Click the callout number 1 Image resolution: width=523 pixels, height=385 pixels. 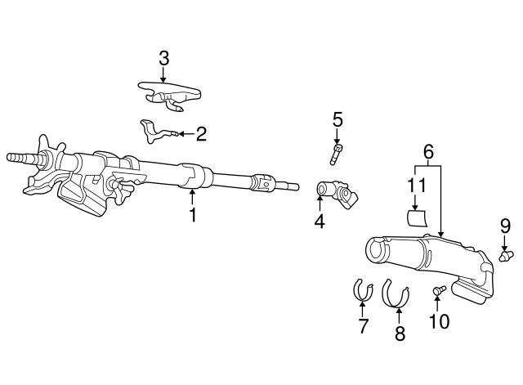[x=193, y=216]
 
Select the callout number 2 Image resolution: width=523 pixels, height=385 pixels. [x=200, y=132]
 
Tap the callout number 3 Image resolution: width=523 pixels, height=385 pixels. [x=163, y=58]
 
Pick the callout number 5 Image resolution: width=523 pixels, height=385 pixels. [x=337, y=120]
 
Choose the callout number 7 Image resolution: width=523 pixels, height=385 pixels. [x=364, y=326]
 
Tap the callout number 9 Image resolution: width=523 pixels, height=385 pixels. [x=505, y=225]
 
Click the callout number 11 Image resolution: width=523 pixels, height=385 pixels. [x=417, y=185]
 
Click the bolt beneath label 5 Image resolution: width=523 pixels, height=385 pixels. [x=337, y=152]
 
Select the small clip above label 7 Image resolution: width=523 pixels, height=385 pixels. [x=362, y=290]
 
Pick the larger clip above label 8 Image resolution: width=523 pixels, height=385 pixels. [x=396, y=293]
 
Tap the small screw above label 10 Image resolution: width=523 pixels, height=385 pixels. [x=438, y=289]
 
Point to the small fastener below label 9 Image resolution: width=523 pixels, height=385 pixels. [x=506, y=256]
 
